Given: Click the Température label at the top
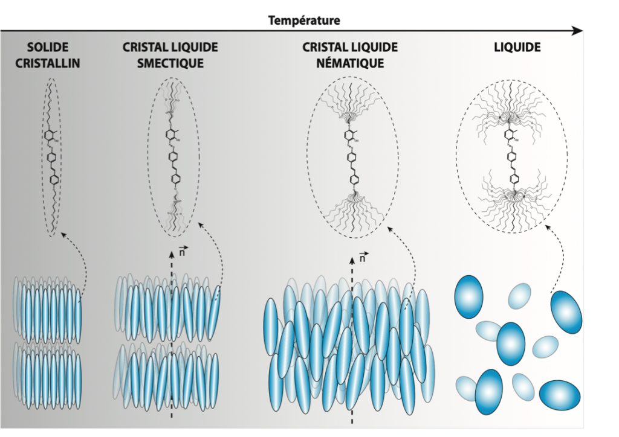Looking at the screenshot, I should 305,21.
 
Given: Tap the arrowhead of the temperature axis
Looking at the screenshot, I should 580,31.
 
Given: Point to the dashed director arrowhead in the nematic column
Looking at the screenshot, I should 352,263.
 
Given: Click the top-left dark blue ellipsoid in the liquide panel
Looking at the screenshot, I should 468,296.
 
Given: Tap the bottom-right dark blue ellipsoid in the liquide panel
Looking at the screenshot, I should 559,394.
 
